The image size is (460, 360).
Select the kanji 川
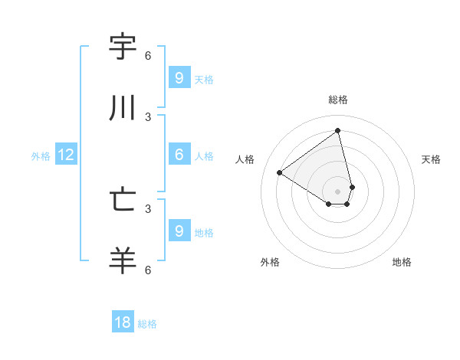[x=123, y=109]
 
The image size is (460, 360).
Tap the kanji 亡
[x=123, y=200]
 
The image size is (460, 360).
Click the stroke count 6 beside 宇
[x=148, y=56]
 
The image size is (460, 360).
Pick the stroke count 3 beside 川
[x=148, y=117]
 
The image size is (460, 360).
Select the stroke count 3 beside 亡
[x=148, y=208]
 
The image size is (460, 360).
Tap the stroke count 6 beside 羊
[x=148, y=270]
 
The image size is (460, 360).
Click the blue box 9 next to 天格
[x=179, y=78]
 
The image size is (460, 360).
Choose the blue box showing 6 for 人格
[x=179, y=155]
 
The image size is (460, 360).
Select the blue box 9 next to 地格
[x=179, y=231]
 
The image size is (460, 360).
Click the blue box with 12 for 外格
[x=65, y=155]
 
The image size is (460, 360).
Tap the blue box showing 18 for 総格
[x=123, y=322]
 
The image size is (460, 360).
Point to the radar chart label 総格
[x=338, y=100]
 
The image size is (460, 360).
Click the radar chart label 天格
[x=431, y=159]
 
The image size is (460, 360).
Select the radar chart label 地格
[x=402, y=262]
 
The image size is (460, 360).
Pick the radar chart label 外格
[x=270, y=262]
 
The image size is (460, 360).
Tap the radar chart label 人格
[x=245, y=159]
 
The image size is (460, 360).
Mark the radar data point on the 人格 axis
[x=280, y=173]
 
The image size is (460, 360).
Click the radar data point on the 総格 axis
[x=338, y=131]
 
